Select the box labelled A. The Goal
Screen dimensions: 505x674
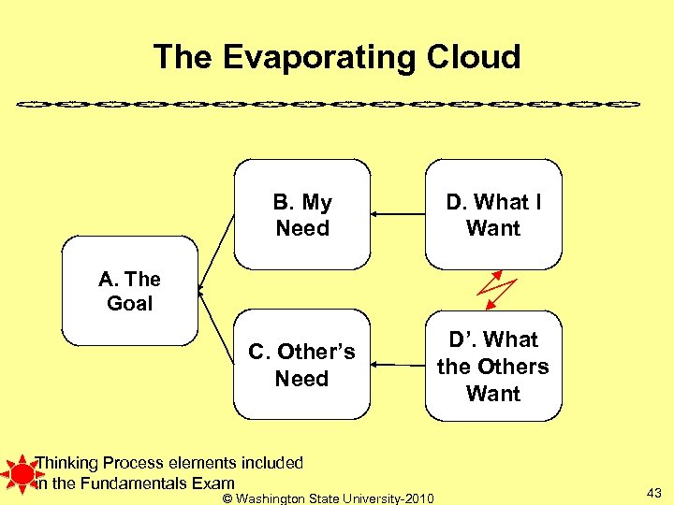coord(130,291)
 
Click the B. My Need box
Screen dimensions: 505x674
coord(302,215)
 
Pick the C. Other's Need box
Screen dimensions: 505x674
coord(302,365)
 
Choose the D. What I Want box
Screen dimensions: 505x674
coord(493,215)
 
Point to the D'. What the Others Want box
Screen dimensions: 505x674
coord(493,366)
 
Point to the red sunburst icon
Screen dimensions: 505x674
coord(18,472)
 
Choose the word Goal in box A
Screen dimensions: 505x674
coord(130,303)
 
